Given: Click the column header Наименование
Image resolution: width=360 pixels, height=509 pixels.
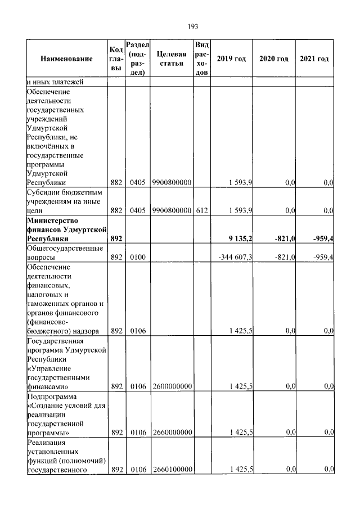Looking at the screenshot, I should (x=66, y=59).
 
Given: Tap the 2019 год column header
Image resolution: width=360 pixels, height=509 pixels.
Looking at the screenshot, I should (x=231, y=59).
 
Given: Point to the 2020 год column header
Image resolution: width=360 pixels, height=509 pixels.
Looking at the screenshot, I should (x=273, y=59).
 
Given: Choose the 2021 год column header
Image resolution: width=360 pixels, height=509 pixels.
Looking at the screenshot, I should (x=314, y=59).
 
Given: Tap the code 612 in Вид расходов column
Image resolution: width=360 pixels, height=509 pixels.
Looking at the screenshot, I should (x=201, y=210).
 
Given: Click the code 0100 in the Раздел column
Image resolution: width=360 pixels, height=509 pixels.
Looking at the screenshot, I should (x=137, y=257).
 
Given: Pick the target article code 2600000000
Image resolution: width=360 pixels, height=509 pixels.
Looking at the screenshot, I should (x=171, y=386).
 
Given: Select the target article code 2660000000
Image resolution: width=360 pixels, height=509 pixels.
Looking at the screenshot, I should (x=171, y=433).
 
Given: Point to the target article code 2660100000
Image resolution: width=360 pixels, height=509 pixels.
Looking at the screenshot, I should (x=171, y=469).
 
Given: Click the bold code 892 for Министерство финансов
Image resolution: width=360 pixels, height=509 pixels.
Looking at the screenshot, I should (x=116, y=239).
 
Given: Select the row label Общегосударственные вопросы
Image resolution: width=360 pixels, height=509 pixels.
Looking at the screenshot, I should (x=64, y=253).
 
